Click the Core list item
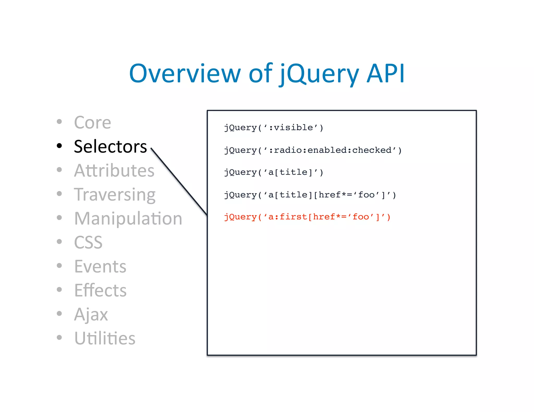tap(92, 122)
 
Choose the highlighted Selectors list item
tap(110, 146)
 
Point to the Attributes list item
tap(114, 171)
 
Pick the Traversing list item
tap(115, 195)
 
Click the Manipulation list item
tap(128, 219)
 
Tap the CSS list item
tap(88, 242)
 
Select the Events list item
tap(100, 266)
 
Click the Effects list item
tap(100, 290)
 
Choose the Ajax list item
tap(91, 314)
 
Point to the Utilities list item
tap(105, 338)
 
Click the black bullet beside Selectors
tap(59, 146)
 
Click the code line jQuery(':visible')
tap(274, 128)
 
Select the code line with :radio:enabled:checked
tap(313, 150)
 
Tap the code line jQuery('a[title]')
tap(274, 172)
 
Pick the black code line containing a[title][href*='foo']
tap(310, 195)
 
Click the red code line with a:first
tap(307, 217)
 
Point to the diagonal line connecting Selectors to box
tap(179, 182)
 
